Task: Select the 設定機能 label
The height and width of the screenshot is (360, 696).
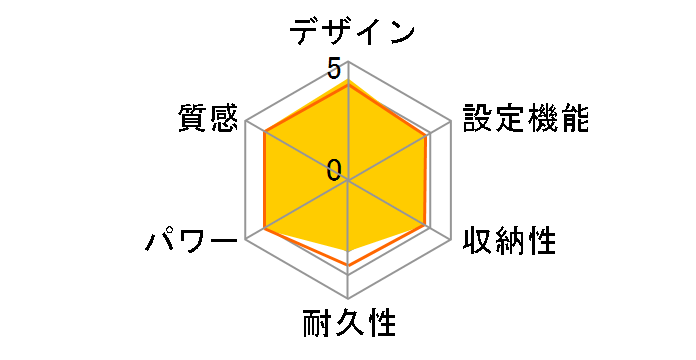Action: [524, 118]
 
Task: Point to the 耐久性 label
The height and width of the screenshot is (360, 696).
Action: [349, 325]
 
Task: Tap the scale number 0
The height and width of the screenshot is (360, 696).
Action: [334, 169]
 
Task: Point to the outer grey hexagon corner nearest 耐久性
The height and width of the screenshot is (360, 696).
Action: [347, 298]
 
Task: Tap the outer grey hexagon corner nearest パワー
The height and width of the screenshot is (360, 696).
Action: [246, 239]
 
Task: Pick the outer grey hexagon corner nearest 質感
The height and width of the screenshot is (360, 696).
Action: [246, 122]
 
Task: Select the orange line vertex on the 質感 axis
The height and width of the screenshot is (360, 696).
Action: [263, 132]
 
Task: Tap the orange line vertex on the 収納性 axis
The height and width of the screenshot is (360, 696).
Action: [428, 227]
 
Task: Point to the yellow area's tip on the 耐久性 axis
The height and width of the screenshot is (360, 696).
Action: [347, 248]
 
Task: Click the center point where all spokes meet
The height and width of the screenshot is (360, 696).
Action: [347, 181]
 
